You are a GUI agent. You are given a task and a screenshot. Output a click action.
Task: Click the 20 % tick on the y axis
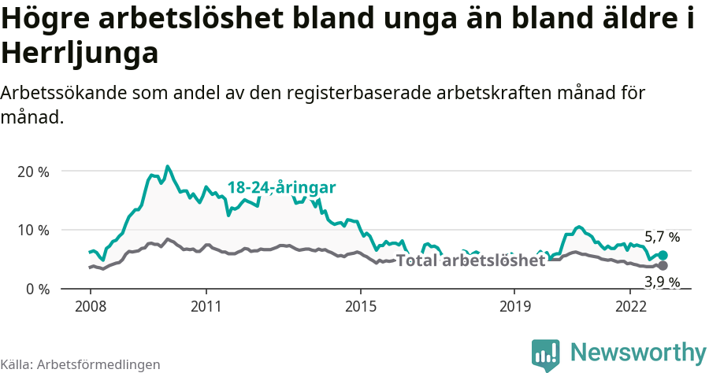coord(33,172)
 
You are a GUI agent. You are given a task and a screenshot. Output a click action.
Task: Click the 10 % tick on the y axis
coord(33,231)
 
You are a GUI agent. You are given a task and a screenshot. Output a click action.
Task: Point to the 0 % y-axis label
coord(36,289)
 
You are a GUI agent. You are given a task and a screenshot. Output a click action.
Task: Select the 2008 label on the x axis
coord(91,305)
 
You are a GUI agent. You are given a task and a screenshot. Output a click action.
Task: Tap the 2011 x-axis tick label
coord(206,305)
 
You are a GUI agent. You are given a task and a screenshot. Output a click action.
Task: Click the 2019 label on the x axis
coord(514,305)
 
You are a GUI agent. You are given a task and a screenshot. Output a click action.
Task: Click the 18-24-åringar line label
coord(281,187)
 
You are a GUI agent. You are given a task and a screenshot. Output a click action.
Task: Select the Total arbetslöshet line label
coord(470,260)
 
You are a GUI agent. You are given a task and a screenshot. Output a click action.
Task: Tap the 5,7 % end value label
coord(662,237)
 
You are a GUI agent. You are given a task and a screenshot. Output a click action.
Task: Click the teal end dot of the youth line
coord(663,255)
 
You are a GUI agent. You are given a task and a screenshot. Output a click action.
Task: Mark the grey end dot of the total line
coord(663,265)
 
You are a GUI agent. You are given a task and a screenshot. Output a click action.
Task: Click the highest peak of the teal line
coord(167,166)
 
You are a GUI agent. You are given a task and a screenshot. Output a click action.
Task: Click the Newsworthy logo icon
coord(545,355)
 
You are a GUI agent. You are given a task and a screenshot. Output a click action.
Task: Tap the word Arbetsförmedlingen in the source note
coord(98,364)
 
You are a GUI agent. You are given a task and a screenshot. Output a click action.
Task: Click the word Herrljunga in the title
coord(80,54)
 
